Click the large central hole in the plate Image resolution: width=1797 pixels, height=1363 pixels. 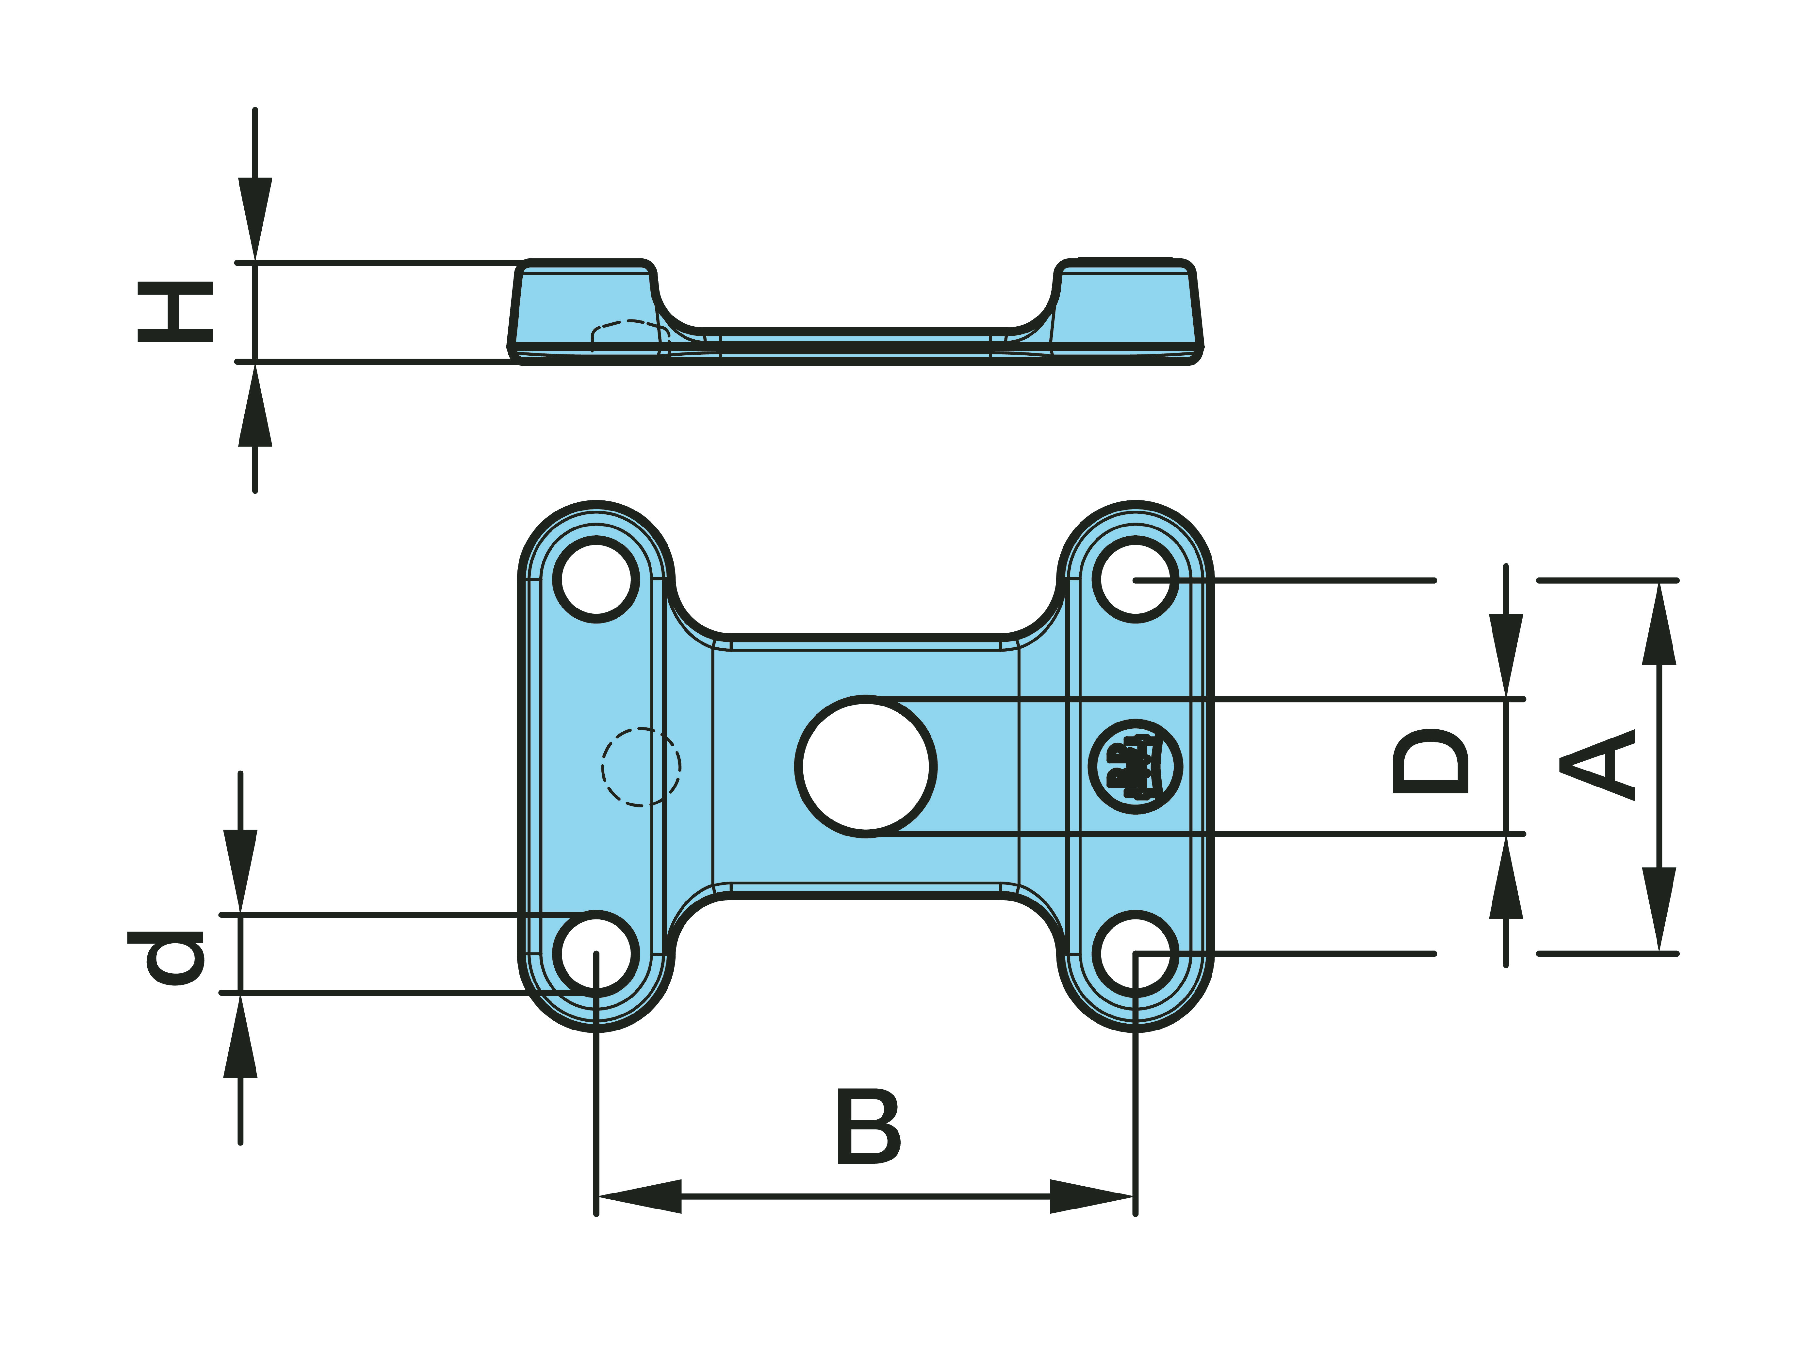866,766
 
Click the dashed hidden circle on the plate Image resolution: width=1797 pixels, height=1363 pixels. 641,767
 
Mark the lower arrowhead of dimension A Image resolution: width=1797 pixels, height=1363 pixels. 1659,910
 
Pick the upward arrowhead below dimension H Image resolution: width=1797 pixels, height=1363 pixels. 255,406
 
